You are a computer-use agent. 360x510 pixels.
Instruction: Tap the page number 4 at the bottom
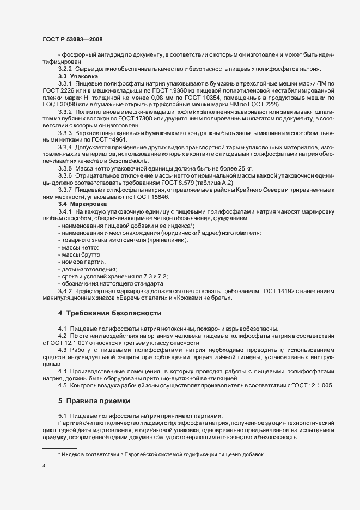click(x=44, y=466)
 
